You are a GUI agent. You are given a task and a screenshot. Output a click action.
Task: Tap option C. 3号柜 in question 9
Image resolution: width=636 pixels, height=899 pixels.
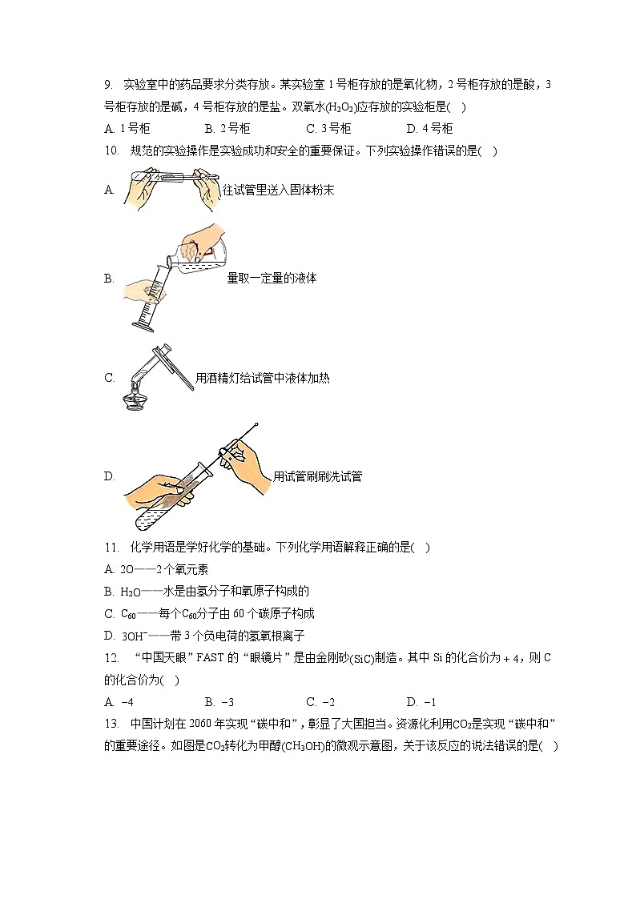click(328, 128)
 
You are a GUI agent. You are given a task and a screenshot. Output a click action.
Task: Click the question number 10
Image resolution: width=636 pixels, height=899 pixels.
click(111, 151)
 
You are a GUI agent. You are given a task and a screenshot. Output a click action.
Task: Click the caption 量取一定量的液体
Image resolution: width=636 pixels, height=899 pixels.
click(272, 278)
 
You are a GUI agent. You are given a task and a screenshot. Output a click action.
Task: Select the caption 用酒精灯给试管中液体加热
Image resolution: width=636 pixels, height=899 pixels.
click(262, 378)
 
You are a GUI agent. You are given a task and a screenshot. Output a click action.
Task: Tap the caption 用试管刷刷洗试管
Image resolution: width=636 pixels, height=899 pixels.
click(317, 476)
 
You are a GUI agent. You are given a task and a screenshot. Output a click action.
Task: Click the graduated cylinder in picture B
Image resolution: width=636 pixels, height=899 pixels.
click(152, 296)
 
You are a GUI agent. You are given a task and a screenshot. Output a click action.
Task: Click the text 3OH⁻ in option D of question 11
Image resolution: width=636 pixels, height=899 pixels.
click(135, 636)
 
